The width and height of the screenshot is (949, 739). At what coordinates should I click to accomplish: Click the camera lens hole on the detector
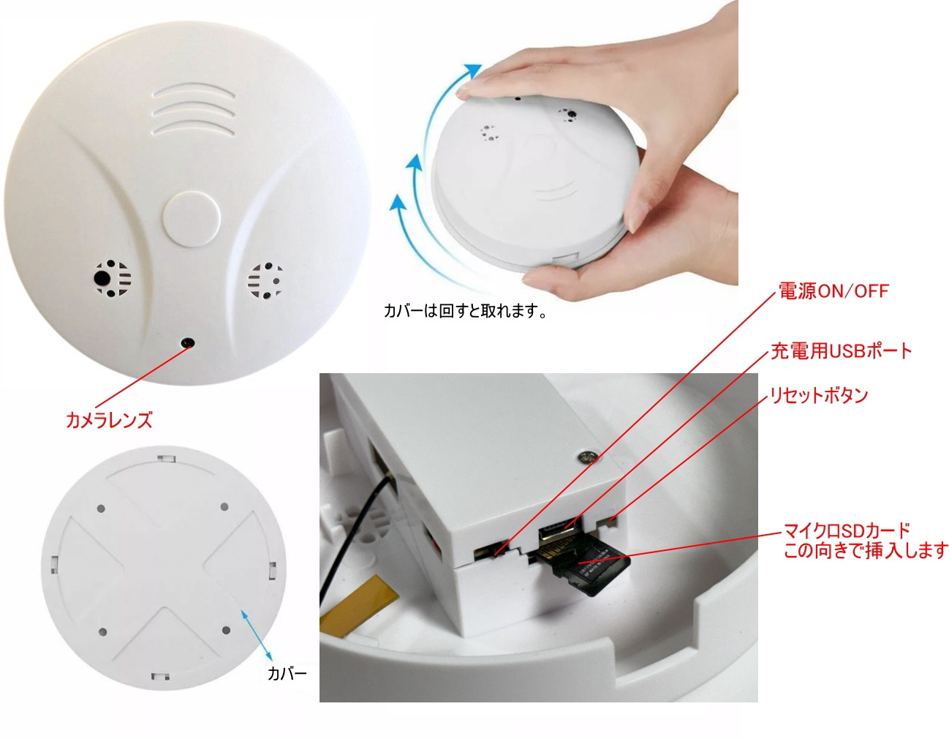coord(189,342)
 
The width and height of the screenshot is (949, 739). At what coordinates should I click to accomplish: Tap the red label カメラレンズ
coord(109,420)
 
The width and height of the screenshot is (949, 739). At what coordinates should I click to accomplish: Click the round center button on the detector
coord(192,218)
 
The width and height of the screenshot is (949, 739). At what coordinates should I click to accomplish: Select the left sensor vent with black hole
coord(112,279)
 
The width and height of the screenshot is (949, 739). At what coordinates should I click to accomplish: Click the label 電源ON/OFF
coord(833,291)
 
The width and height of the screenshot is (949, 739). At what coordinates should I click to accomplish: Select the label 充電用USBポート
coord(841,351)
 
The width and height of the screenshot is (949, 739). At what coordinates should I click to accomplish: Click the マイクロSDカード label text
coord(847,530)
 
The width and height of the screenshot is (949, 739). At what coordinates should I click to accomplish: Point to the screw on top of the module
coord(586,457)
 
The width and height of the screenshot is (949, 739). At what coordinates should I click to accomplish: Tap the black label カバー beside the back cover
coord(287,674)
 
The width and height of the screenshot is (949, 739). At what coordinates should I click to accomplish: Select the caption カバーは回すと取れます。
coord(466,311)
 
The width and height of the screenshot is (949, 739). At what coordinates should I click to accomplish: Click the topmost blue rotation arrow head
coord(474,71)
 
